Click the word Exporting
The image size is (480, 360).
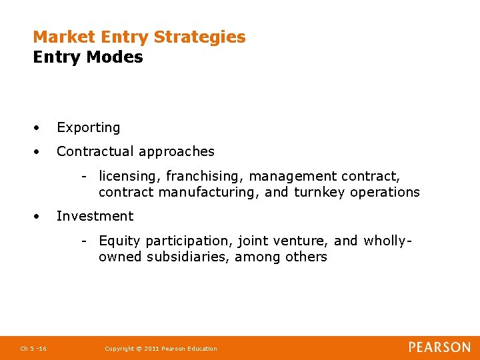pos(88,127)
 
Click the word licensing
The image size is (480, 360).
pos(129,177)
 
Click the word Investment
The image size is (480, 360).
pos(95,216)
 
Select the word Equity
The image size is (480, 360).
pos(119,241)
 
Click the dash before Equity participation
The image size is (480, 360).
pos(85,241)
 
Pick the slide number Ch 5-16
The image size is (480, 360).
pos(33,349)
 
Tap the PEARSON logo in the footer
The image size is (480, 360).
pos(439,347)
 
